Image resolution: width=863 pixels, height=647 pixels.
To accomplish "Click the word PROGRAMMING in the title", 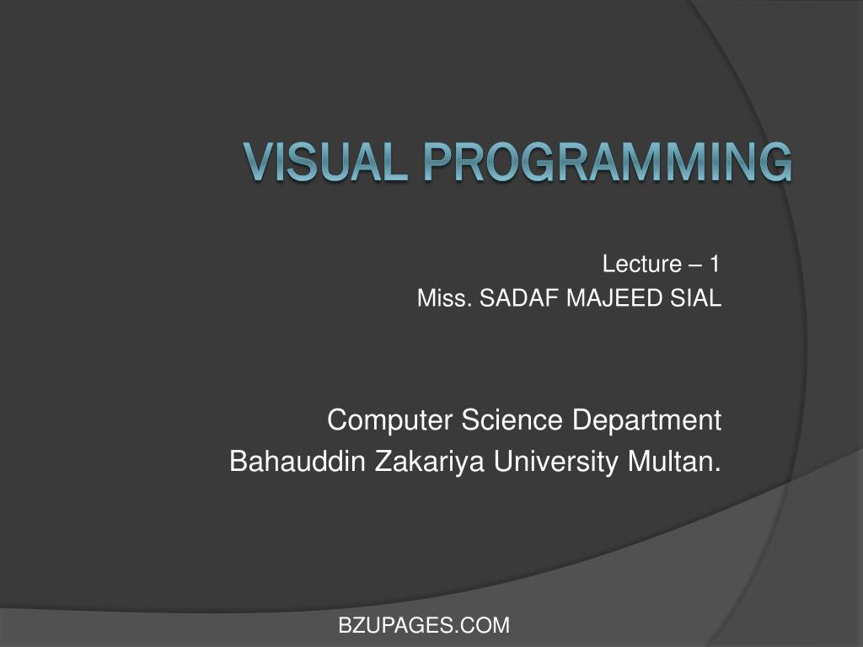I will click(608, 163).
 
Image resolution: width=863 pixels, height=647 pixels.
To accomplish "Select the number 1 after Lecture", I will click(715, 265).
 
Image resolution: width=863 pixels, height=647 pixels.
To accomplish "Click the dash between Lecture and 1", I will click(695, 265).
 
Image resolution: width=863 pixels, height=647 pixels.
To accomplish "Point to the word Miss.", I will click(444, 298).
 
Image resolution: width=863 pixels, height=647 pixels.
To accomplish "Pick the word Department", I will click(646, 420).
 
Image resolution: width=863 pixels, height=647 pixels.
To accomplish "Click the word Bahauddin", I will click(288, 462).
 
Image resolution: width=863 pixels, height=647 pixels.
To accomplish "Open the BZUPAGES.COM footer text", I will click(424, 625).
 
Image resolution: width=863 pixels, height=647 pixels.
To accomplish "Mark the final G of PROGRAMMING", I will click(775, 163).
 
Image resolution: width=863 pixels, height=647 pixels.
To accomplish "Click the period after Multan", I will click(718, 468).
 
